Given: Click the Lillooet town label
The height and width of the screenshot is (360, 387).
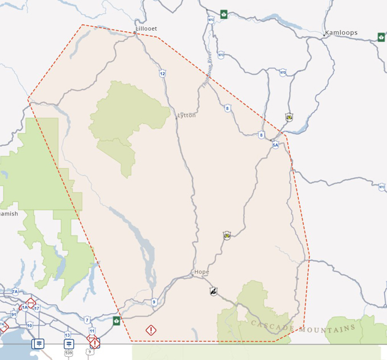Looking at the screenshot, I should click(146, 28).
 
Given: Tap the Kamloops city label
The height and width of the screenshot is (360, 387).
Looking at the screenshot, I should click(341, 33).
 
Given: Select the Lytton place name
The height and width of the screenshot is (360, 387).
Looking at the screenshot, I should click(187, 115).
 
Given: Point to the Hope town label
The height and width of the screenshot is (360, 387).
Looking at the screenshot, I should click(201, 272).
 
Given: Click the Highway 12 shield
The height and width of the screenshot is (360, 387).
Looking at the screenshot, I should click(163, 73).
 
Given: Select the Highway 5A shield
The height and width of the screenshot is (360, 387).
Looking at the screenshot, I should click(275, 146).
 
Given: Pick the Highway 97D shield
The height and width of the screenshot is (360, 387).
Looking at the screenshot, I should click(283, 73).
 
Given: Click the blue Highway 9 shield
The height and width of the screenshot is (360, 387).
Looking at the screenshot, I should click(154, 302).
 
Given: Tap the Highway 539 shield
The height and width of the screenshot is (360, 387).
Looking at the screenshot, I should click(68, 353).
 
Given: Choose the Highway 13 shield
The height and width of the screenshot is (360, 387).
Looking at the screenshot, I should click(68, 335).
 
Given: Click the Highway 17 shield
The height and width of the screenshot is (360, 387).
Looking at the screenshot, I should click(36, 308).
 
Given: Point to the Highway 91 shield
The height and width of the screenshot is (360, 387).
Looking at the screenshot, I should click(14, 315).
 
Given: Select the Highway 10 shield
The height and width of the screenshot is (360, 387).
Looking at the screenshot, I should click(30, 325).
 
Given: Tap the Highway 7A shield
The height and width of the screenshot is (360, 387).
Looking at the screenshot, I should click(15, 292).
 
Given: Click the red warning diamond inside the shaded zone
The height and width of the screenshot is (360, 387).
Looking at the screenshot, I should click(151, 330).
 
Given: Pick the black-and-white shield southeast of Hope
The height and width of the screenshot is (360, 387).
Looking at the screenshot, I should click(213, 292).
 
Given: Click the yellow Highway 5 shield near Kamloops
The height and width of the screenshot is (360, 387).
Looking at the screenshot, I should click(289, 117).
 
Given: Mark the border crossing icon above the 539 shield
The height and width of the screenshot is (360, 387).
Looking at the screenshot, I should click(69, 344).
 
